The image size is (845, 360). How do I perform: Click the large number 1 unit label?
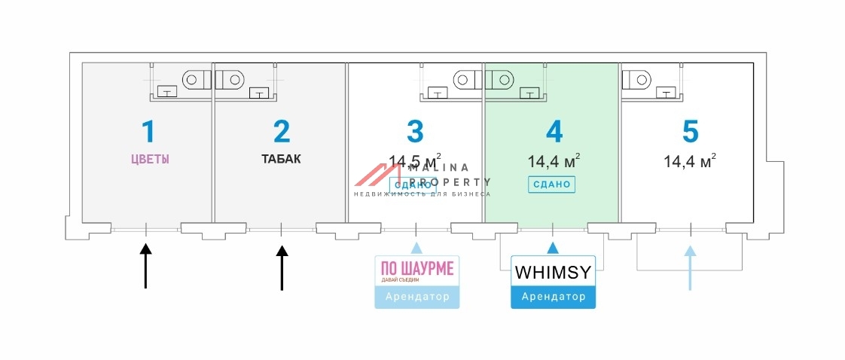click(x=148, y=131)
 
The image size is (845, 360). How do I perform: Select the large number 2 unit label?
click(x=282, y=131)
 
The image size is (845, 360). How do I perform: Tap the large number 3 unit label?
click(x=415, y=131)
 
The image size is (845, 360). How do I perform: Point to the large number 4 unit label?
click(x=554, y=131)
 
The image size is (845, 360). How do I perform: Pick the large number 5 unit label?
click(x=690, y=131)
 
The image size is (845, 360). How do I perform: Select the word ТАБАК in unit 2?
click(x=282, y=159)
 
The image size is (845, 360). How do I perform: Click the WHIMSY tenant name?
click(x=553, y=272)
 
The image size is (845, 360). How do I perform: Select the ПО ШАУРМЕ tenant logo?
click(x=416, y=270)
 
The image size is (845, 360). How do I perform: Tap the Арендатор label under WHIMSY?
click(x=553, y=297)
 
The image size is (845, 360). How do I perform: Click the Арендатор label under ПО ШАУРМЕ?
click(x=416, y=297)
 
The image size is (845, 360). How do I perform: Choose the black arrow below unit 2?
click(x=282, y=267)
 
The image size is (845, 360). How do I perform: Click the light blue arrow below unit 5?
click(x=689, y=267)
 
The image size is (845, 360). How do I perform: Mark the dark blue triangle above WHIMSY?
click(x=553, y=248)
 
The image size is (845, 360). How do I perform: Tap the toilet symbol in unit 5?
click(x=638, y=78)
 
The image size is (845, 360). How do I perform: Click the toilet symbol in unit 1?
click(x=195, y=78)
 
